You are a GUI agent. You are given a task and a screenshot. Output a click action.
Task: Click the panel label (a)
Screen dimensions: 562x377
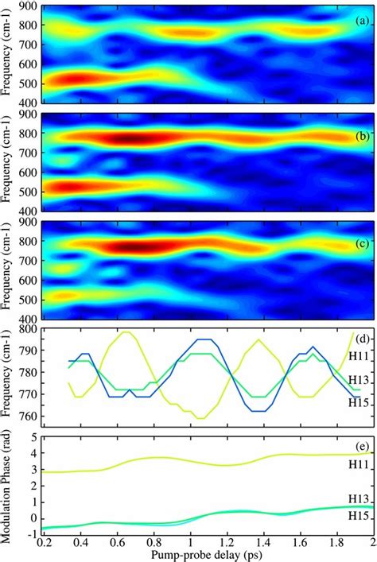tap(360, 21)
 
